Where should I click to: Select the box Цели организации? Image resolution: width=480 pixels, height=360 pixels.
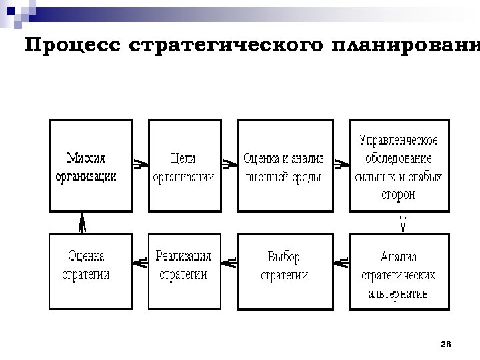[x=184, y=165]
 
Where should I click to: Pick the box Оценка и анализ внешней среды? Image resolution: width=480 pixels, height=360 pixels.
[x=285, y=165]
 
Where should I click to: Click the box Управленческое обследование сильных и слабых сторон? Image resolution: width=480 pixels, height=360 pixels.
[x=399, y=165]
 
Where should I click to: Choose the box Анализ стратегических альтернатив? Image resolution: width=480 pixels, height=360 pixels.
[x=399, y=271]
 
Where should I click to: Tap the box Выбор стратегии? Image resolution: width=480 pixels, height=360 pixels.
[x=285, y=271]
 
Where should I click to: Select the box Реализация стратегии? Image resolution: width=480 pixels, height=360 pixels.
[x=184, y=271]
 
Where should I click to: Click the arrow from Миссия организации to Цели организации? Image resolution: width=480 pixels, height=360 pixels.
[x=139, y=163]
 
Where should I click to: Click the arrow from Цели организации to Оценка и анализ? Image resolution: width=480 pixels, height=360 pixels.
[x=230, y=163]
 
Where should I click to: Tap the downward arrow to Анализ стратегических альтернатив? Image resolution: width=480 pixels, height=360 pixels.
[x=403, y=221]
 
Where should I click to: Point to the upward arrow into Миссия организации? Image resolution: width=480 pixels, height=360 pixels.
[x=82, y=221]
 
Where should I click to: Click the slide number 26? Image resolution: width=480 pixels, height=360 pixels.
[x=446, y=344]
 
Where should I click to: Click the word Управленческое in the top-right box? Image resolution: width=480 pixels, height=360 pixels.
[x=399, y=140]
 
